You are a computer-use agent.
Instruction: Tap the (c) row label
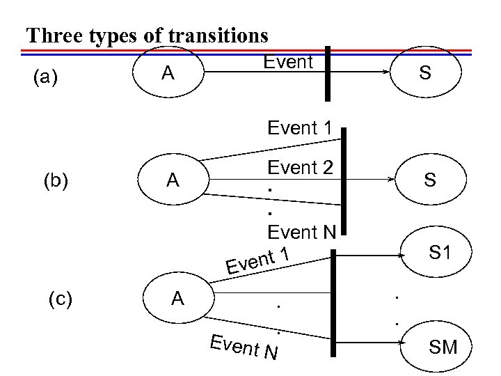click(61, 299)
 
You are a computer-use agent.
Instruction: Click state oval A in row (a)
click(167, 72)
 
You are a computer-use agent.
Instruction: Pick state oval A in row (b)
click(173, 180)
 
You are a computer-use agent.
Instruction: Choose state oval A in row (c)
click(178, 299)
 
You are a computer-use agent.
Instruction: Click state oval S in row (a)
click(426, 72)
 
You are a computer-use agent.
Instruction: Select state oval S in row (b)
click(431, 180)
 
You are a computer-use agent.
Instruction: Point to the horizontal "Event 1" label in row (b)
click(300, 127)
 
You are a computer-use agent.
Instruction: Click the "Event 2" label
click(301, 167)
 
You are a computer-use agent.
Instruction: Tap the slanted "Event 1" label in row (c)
click(257, 260)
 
